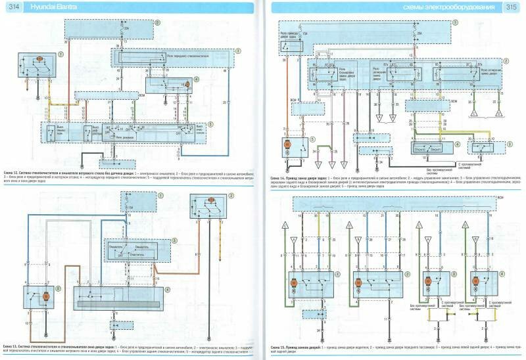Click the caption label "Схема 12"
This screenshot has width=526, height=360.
pyautogui.click(x=14, y=171)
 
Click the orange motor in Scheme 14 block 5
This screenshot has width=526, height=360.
pyautogui.click(x=287, y=143)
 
